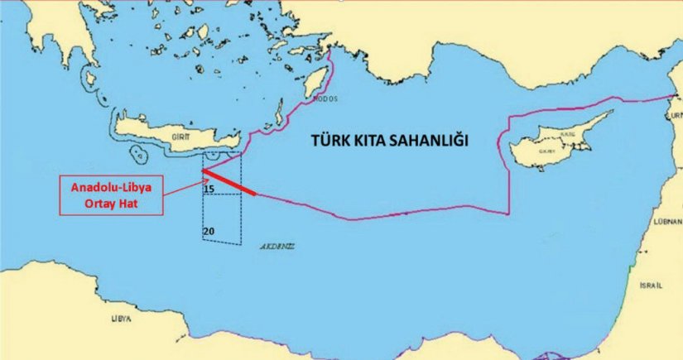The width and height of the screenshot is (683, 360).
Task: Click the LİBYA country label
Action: pos(123,317)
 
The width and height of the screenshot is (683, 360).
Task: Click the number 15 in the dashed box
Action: pos(209,190)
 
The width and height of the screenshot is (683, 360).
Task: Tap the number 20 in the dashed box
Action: pos(209,229)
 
